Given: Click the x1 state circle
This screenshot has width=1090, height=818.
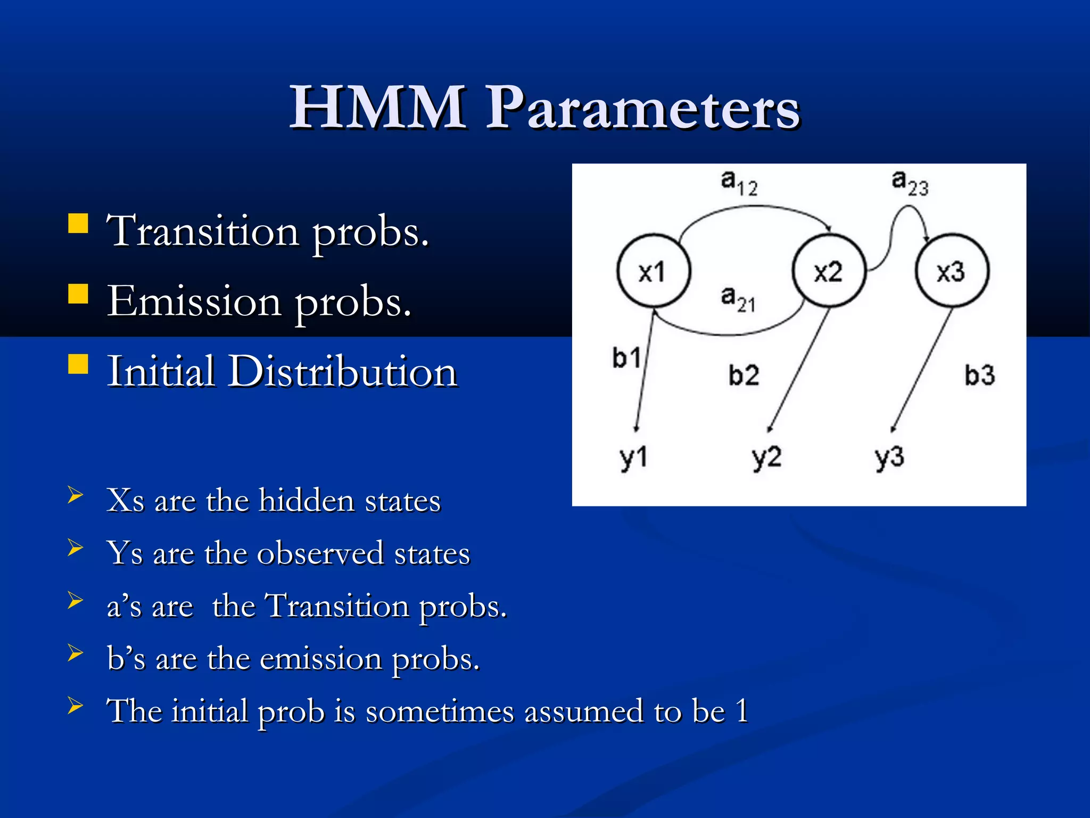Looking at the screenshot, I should coord(654,271).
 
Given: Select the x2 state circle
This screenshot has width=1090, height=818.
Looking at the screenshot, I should coord(829,271).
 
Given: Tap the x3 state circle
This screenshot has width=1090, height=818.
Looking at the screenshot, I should coord(952,271).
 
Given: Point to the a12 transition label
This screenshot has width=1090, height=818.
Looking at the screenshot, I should coord(739,183).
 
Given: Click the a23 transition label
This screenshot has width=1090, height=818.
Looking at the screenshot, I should coord(910,183).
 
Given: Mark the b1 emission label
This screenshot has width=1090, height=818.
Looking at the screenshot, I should coord(626,357).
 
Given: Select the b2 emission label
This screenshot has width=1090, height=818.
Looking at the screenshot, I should coord(744,375).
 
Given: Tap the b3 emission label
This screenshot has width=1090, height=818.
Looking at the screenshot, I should coord(979,375).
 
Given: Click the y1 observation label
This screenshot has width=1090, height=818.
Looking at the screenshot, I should coord(633,458).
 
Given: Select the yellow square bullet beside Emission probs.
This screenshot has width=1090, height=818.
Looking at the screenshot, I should coord(78,293).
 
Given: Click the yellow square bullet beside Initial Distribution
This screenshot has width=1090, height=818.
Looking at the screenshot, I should coord(78,364).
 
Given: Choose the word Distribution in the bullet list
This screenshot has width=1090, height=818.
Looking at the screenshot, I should coord(343,371).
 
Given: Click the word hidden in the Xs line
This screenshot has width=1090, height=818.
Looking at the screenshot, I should coord(307,501).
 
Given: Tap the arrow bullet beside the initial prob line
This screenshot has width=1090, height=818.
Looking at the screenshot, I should coord(76,706).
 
